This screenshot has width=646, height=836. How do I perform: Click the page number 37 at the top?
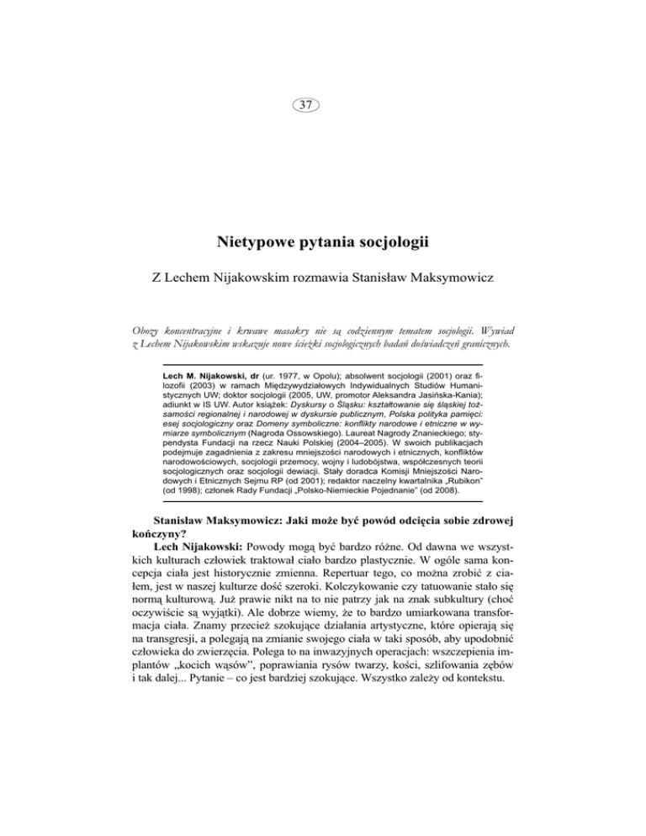click(322, 104)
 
